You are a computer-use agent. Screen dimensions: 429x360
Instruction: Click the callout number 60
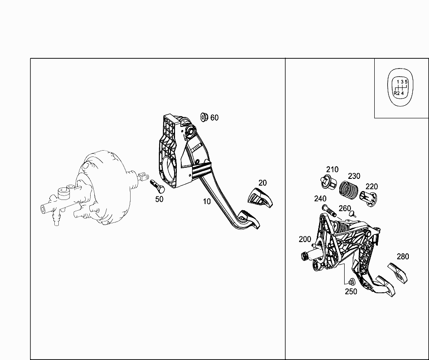214,117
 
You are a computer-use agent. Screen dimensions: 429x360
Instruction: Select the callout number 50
159,199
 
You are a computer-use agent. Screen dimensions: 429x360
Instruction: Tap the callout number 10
207,201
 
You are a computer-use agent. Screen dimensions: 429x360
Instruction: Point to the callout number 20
263,182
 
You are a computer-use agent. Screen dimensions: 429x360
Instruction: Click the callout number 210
332,169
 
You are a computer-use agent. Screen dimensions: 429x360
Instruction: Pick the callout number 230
354,176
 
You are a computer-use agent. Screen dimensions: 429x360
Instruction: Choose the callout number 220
372,187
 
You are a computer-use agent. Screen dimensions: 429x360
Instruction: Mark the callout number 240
320,199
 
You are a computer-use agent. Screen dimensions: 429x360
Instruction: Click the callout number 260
345,208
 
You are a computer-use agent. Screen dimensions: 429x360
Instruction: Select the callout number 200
305,239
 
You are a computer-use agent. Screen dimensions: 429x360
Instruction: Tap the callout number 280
403,256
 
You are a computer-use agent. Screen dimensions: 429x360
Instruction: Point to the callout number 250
351,292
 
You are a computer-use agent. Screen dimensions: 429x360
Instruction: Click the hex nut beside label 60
204,117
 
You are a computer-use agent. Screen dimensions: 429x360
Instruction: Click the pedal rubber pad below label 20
260,197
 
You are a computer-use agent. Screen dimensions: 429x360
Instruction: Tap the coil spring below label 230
349,189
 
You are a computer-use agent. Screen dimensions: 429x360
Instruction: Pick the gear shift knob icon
400,87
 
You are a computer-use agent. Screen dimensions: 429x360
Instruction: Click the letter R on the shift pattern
395,93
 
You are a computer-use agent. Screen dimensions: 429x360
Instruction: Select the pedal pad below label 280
398,273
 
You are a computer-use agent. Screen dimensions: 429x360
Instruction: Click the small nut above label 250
352,282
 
